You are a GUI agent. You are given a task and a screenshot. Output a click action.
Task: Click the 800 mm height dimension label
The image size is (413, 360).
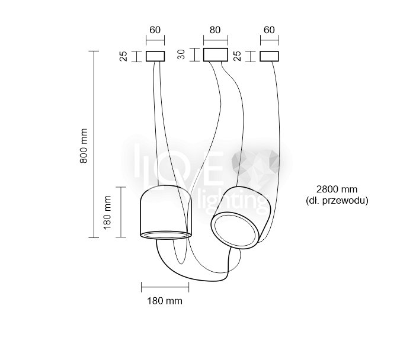[84, 146]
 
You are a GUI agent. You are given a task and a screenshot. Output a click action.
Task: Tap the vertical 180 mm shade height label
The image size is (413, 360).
[107, 213]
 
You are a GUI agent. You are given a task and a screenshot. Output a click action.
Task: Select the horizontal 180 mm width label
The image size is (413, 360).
[165, 301]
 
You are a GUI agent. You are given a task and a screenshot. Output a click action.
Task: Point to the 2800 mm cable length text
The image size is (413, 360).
[337, 189]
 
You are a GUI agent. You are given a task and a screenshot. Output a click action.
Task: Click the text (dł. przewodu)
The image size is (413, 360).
[337, 201]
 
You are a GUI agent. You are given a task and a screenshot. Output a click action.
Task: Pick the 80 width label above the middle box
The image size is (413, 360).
[215, 30]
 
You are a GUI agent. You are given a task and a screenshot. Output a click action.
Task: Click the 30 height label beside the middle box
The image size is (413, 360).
[181, 54]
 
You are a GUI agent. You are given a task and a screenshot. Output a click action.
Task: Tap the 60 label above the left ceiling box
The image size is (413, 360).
[155, 30]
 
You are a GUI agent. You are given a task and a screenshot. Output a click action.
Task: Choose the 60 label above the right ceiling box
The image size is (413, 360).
[269, 30]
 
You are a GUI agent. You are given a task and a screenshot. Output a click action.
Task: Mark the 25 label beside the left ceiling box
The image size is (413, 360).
[123, 56]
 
